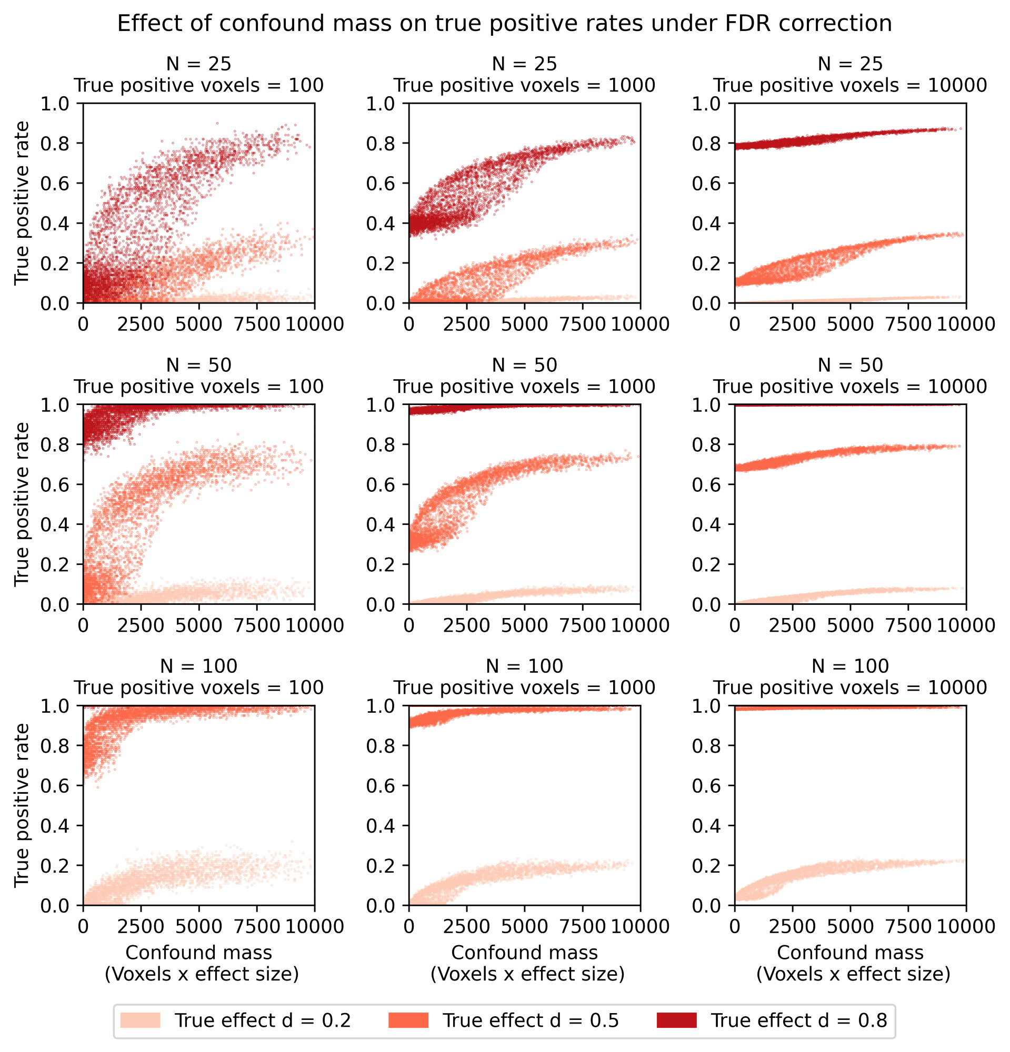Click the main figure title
click(x=504, y=24)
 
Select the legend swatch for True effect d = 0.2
click(x=140, y=1020)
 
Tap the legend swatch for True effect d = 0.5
click(x=408, y=1020)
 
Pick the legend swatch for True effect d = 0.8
click(x=676, y=1020)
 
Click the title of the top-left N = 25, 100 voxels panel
click(x=198, y=75)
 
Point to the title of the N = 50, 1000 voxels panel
click(x=524, y=376)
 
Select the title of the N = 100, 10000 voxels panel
click(x=850, y=676)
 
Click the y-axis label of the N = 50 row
click(x=22, y=504)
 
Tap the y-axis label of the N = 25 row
click(x=22, y=203)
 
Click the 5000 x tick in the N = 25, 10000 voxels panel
click(x=850, y=323)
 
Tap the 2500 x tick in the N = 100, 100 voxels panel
click(x=141, y=926)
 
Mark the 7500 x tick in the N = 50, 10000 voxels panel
click(x=908, y=625)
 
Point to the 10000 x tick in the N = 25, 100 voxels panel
click(x=315, y=323)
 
